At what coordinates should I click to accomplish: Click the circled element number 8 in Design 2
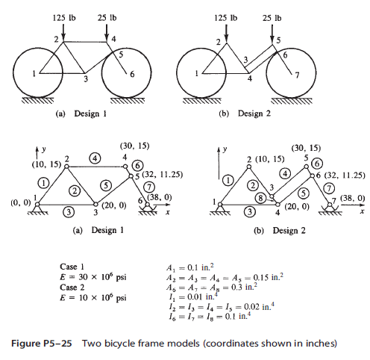tap(260, 198)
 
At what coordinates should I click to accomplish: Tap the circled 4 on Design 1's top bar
tap(95, 158)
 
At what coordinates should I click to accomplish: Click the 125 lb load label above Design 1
tap(64, 18)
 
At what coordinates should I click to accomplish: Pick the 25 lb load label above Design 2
tap(272, 18)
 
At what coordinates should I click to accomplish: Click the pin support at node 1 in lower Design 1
tap(37, 208)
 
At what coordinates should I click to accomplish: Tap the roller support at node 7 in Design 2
tap(330, 208)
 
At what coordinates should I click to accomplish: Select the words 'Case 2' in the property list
tap(72, 288)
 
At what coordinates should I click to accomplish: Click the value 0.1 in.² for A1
tap(201, 267)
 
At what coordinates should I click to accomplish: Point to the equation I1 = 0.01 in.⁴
tap(193, 297)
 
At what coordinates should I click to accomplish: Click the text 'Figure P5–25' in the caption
tap(42, 344)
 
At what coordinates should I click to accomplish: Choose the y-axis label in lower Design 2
tap(225, 149)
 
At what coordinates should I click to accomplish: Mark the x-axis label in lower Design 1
tap(168, 212)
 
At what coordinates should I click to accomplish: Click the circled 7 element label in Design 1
tap(149, 187)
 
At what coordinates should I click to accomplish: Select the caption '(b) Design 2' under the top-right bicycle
tap(245, 114)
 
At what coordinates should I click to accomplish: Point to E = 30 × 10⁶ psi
tap(93, 277)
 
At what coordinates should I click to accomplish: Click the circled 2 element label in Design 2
tap(253, 185)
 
